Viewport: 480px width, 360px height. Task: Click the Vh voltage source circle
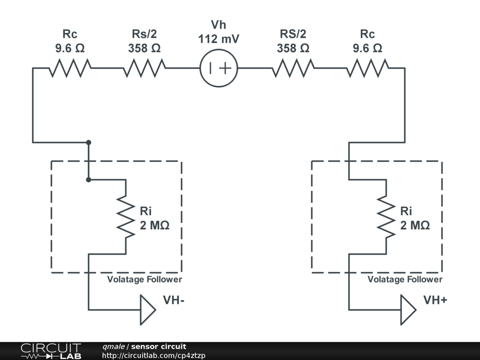[219, 68]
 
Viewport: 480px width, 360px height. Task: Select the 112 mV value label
[219, 39]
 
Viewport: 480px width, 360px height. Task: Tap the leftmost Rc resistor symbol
[70, 68]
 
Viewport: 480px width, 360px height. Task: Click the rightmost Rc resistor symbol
[367, 68]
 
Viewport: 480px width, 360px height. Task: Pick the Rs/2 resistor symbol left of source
[144, 68]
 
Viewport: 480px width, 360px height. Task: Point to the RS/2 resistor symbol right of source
[293, 68]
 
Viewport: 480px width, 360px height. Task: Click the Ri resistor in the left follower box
[126, 217]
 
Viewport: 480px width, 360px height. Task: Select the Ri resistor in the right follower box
[386, 217]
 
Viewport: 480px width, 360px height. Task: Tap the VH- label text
[173, 300]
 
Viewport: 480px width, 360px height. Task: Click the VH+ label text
[435, 300]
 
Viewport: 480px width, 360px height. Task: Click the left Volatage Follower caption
[144, 279]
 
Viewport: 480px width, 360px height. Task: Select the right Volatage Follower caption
[405, 279]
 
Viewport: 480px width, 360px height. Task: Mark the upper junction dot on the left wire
[89, 142]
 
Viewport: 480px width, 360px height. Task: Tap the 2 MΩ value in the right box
[415, 225]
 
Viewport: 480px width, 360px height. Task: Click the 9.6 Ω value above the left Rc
[70, 48]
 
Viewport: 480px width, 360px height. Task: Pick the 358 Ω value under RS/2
[293, 48]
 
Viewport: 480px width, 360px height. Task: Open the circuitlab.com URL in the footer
[154, 356]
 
